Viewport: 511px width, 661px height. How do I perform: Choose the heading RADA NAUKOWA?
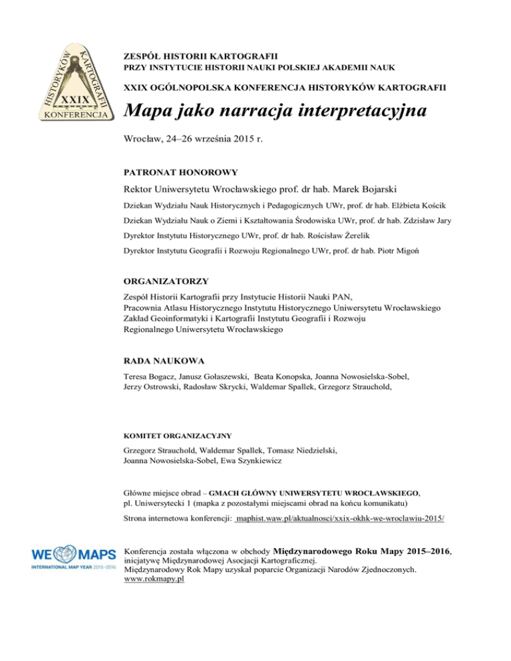(163, 362)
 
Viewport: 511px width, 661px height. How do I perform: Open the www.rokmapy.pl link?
(154, 579)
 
